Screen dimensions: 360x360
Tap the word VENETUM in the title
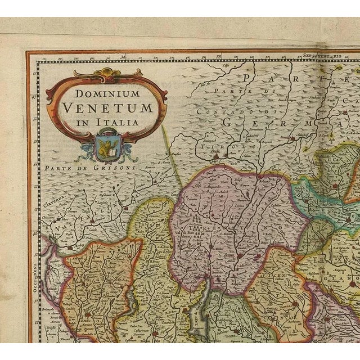point(107,107)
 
